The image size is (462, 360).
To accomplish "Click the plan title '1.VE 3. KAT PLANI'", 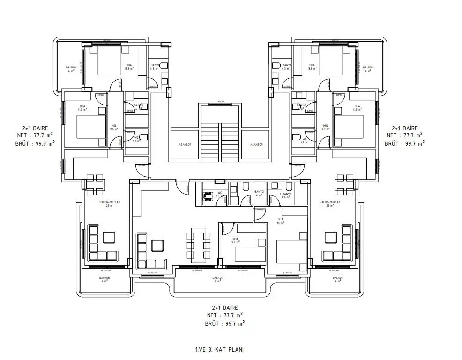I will (x=219, y=349).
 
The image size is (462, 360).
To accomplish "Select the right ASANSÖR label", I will (x=256, y=145).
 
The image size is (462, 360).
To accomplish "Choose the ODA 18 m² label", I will (x=281, y=221).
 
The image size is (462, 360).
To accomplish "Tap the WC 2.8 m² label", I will (x=219, y=194).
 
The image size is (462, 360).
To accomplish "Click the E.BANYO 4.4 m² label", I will (x=286, y=195).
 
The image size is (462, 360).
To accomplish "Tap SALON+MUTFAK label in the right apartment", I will (x=329, y=203).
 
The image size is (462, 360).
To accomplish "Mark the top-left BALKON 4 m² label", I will (x=71, y=69).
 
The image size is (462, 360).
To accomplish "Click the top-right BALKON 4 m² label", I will (x=368, y=69).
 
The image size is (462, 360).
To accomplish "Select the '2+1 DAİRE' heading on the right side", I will (x=404, y=128).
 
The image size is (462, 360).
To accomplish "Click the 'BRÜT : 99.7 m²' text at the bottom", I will (x=224, y=323).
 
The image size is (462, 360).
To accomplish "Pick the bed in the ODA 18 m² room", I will (x=291, y=251).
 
